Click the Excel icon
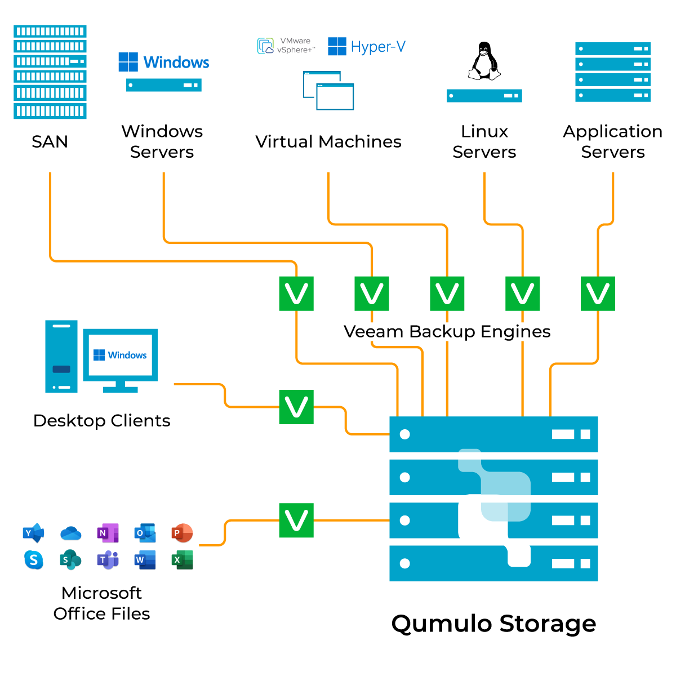pos(182,560)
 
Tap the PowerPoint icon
pos(182,533)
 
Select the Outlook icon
pos(145,533)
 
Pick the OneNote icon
pos(108,533)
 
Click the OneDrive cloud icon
pos(70,533)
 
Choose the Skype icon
pos(34,560)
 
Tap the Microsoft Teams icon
pos(108,560)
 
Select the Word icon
pos(145,560)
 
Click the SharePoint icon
pos(70,560)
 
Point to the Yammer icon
pos(34,533)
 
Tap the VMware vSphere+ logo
pos(286,46)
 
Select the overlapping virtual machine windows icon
pos(328,91)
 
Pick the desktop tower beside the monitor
pos(61,357)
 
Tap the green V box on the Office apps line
pos(296,521)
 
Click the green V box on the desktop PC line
pos(296,407)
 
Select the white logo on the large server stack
pos(494,508)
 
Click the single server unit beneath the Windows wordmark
pos(164,85)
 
